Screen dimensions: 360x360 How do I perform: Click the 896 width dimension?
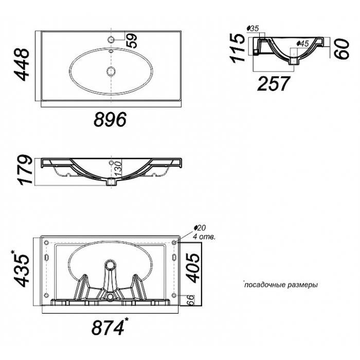111,119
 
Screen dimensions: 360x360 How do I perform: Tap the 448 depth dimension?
22,64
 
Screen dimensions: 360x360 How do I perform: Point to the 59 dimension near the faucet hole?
132,41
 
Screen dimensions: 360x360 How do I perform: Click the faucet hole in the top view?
111,40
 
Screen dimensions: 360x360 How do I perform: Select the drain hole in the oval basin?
111,71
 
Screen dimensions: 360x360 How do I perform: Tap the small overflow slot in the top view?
111,51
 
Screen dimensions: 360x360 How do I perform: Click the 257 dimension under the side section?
273,83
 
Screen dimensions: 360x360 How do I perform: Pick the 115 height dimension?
237,48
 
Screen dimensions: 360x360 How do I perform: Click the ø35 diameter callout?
253,28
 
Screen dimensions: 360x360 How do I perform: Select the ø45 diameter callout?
302,43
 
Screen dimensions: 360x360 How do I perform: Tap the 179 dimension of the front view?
25,170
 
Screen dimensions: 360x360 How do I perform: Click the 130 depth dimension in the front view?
117,169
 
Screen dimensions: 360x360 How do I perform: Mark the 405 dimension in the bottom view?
192,267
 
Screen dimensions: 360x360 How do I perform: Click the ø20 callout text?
200,228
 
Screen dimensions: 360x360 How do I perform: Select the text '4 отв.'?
204,237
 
